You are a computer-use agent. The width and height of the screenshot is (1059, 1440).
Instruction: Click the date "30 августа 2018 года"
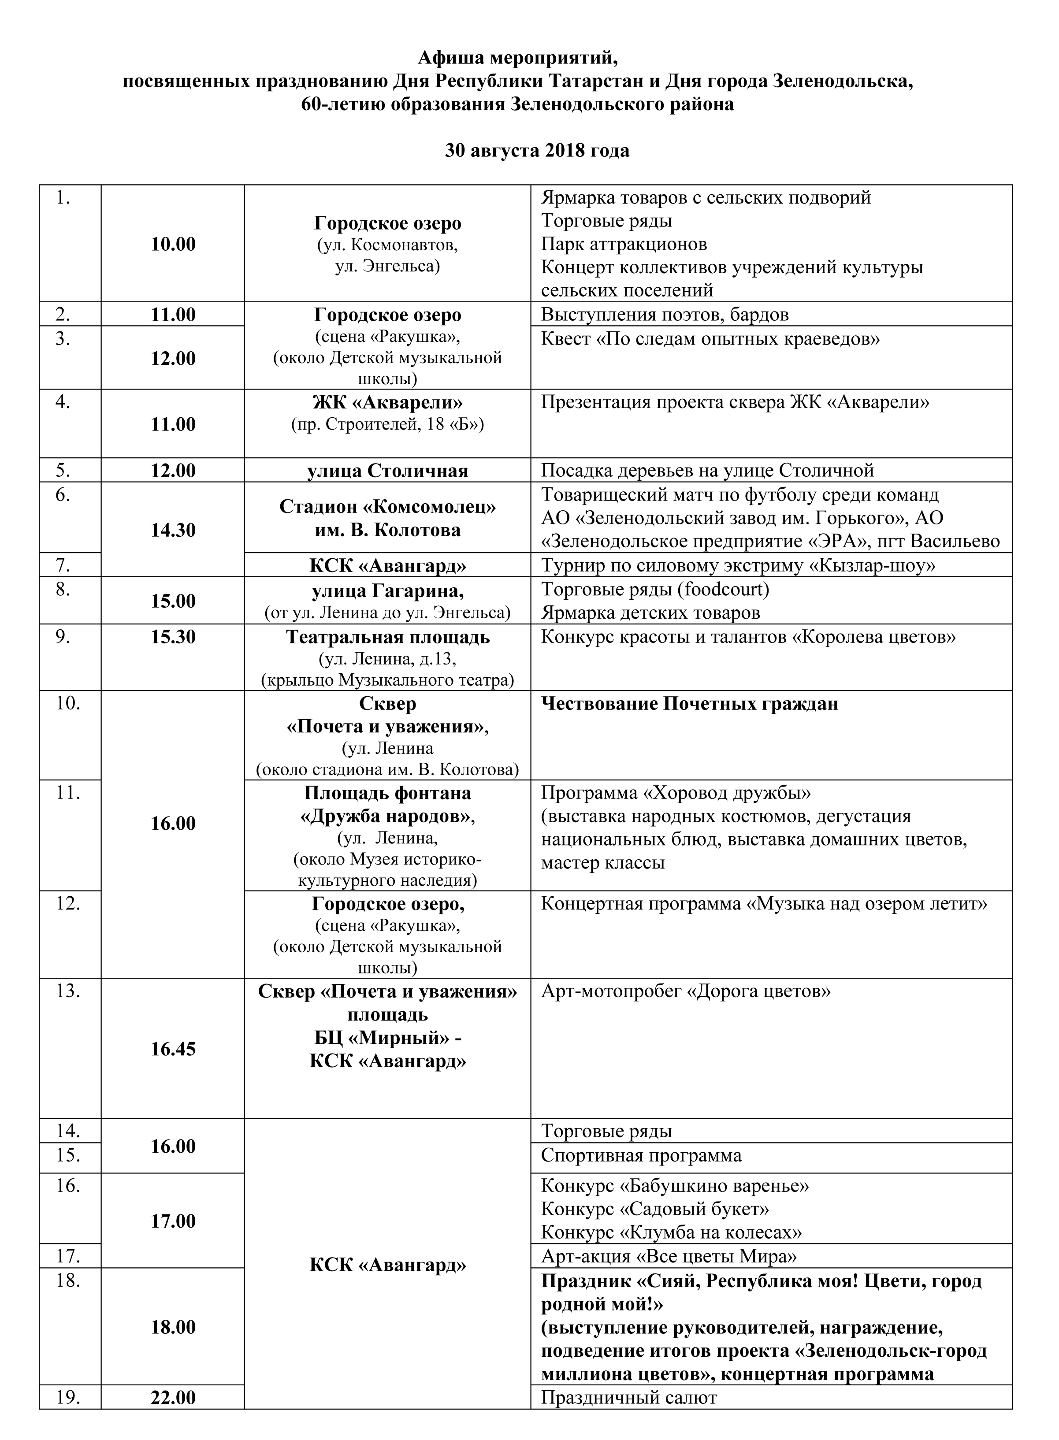pos(537,151)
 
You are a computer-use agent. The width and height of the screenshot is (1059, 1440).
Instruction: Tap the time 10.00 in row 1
pos(173,244)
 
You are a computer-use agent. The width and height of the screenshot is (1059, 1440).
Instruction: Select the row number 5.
pos(63,471)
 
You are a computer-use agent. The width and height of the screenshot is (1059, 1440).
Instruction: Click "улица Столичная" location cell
pos(387,471)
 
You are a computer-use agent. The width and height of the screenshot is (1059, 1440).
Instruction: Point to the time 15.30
pos(173,637)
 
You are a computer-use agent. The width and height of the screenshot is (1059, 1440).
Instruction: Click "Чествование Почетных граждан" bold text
pos(690,704)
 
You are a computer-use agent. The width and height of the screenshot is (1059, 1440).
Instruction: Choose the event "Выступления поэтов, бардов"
pos(665,315)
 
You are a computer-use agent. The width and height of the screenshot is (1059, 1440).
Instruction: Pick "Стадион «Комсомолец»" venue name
pos(387,506)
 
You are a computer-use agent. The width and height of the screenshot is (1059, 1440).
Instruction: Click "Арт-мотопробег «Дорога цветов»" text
pos(686,991)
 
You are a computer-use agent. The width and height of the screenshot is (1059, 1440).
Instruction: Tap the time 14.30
pos(173,530)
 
